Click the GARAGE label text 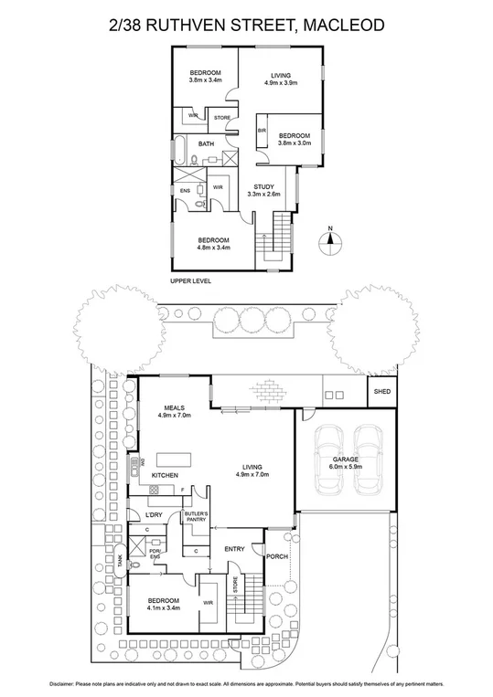coord(345,459)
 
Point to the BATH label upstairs coord(207,143)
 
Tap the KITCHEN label coord(165,476)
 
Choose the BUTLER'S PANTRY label coord(197,518)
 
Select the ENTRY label coord(236,548)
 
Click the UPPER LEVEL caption coord(190,280)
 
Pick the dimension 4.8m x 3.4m coord(212,247)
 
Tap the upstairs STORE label coord(222,118)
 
